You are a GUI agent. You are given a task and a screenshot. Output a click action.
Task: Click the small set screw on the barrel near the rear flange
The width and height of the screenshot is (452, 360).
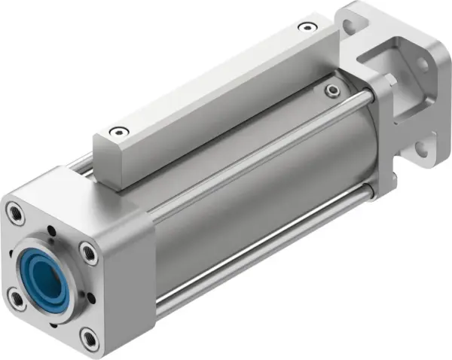pyautogui.click(x=332, y=91)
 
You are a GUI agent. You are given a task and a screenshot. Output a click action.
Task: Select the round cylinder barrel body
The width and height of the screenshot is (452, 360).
pyautogui.click(x=249, y=188)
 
